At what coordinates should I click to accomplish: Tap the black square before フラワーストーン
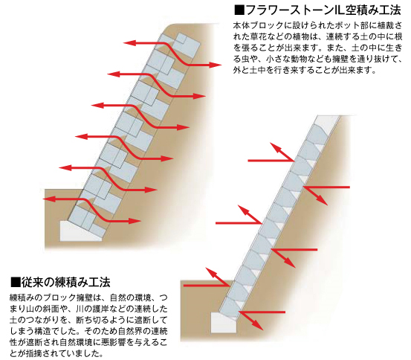[x=239, y=10]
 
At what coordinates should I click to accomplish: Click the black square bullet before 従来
[x=16, y=282]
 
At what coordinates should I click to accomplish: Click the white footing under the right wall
[x=223, y=322]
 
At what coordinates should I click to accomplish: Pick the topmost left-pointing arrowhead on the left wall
[x=130, y=43]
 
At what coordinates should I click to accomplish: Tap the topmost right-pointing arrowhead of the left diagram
[x=216, y=65]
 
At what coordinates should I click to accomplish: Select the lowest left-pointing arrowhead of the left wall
[x=49, y=199]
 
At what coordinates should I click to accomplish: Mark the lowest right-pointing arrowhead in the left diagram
[x=135, y=221]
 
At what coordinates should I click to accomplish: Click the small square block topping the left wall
[x=181, y=39]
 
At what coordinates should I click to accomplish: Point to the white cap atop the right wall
[x=327, y=121]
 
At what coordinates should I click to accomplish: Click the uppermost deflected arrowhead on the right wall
[x=274, y=147]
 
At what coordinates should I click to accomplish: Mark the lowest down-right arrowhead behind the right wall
[x=259, y=326]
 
